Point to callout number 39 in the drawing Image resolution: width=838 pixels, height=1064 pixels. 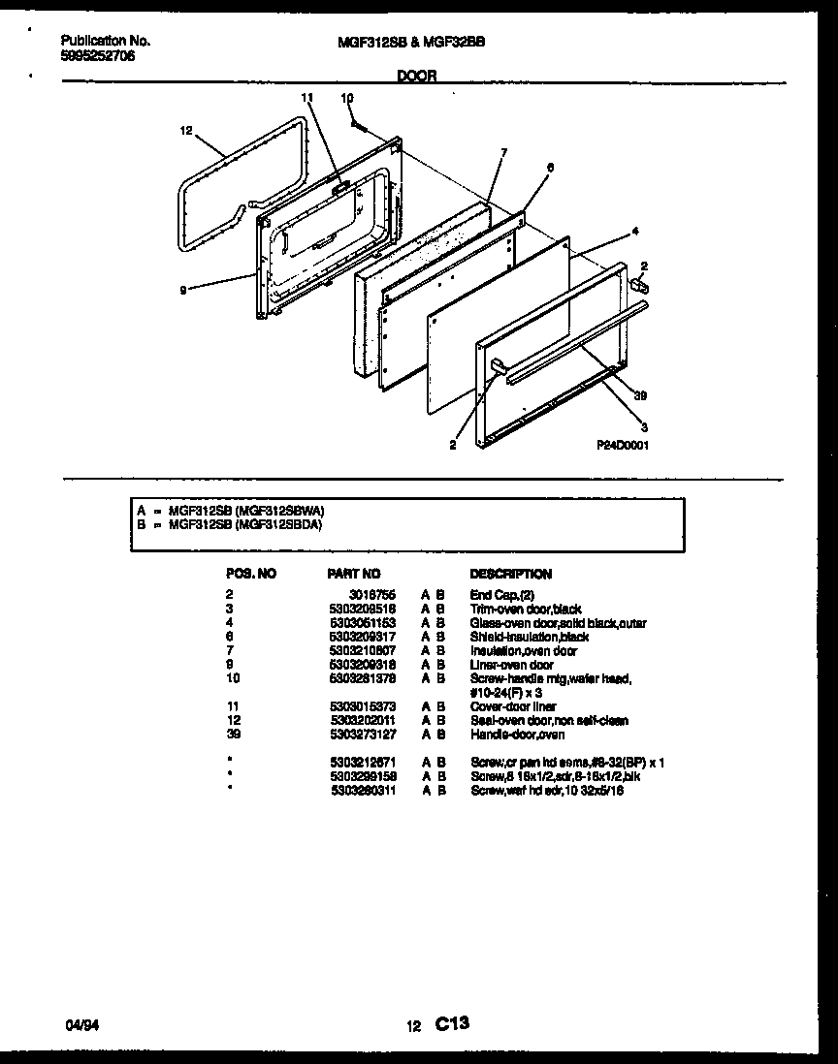coord(639,396)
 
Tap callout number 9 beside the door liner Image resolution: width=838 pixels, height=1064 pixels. coord(182,287)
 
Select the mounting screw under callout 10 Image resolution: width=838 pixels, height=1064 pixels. coord(356,122)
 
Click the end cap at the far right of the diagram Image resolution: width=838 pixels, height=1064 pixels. coord(639,284)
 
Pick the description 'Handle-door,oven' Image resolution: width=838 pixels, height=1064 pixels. coord(517,735)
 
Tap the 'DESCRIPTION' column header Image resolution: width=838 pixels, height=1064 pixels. coord(510,574)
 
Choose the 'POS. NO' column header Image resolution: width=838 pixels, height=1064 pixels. coord(250,574)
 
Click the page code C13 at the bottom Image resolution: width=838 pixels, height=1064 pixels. coord(452,1022)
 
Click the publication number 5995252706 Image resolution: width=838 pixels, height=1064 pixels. coord(97,56)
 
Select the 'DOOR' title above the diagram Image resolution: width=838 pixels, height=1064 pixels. coord(417,76)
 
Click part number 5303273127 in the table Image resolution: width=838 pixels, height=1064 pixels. coord(362,735)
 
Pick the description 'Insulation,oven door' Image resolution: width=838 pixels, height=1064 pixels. coord(523,650)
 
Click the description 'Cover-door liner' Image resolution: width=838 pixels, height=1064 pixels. coord(513,706)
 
